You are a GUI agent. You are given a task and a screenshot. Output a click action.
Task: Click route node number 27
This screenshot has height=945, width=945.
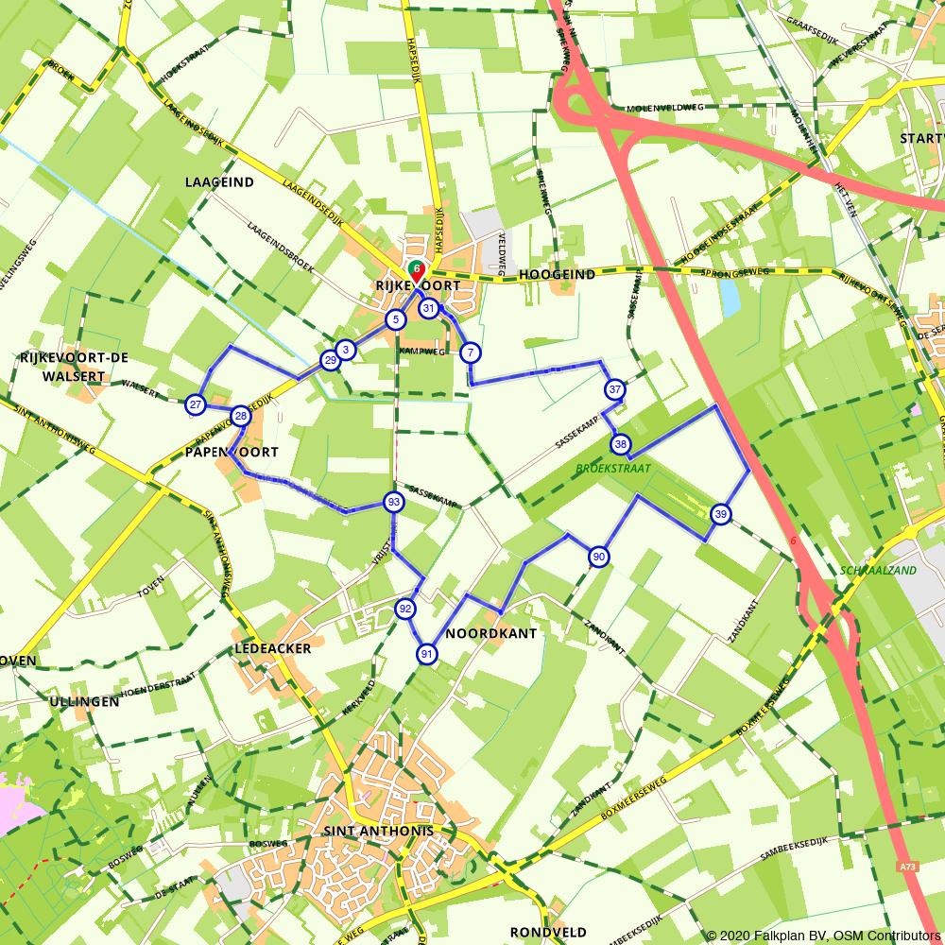[x=196, y=405]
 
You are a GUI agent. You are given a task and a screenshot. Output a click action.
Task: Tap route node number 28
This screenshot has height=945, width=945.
[x=241, y=416]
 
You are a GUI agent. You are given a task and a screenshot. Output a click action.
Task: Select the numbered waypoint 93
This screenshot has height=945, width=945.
[x=393, y=501]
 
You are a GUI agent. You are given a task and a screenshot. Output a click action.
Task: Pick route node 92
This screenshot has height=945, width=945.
[x=405, y=609]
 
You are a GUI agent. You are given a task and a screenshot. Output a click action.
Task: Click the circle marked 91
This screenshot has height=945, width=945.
[x=427, y=654]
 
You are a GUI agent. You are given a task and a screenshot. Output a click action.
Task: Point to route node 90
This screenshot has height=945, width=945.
[x=598, y=557]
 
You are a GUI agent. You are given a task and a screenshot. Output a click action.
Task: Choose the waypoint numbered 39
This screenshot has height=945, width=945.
[x=721, y=514]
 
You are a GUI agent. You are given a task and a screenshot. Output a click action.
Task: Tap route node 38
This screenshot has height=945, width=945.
[x=621, y=444]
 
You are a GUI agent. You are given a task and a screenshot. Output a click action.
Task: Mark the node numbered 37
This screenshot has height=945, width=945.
[x=614, y=389]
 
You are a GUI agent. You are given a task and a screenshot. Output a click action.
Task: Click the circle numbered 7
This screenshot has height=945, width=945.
[x=470, y=353]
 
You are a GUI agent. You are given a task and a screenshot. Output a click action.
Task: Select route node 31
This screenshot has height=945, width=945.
[x=429, y=308]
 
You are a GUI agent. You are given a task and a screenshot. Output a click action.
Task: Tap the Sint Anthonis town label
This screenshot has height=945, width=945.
[x=378, y=831]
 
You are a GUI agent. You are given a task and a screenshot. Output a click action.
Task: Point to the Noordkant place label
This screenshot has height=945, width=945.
[x=490, y=633]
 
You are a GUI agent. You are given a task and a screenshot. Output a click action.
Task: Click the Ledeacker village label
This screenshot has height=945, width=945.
[x=272, y=649]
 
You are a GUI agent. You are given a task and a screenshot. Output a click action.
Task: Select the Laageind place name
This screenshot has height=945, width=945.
[x=219, y=181]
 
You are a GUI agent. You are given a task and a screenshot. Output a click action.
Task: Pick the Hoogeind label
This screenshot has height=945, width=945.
[x=557, y=275]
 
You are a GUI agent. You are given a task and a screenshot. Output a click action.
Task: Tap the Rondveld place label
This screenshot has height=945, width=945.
[x=548, y=931]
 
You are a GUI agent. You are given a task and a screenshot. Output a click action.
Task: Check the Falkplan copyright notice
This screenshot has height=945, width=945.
[x=822, y=936]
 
